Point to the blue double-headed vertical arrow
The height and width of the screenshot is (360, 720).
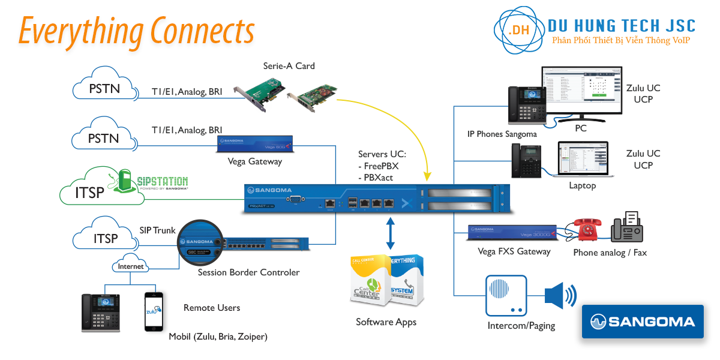[391, 233]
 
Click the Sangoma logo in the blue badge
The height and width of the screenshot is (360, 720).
[643, 322]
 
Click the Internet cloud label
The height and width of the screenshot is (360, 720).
[131, 266]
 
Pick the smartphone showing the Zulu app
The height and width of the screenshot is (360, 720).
[154, 311]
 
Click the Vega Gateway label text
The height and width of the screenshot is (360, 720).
[255, 161]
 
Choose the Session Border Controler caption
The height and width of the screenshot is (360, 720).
[248, 272]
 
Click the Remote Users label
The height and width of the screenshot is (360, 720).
[212, 308]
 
